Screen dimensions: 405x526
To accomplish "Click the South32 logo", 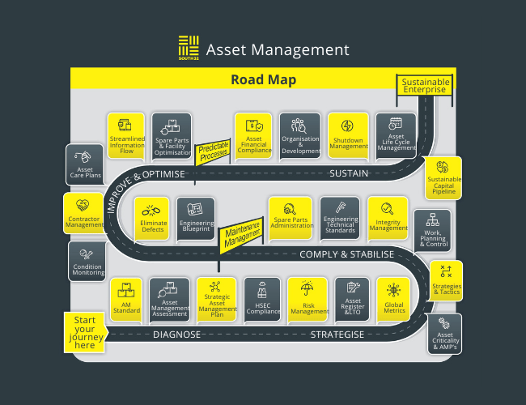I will (x=188, y=49).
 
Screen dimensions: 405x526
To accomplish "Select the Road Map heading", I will (x=263, y=79).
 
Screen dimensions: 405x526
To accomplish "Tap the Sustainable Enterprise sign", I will (x=424, y=86).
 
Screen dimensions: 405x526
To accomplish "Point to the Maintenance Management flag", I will (x=243, y=230).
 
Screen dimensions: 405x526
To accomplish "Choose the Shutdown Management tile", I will (x=348, y=134).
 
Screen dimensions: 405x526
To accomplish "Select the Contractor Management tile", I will (x=84, y=212).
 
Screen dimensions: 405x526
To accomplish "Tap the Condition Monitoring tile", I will (x=87, y=261).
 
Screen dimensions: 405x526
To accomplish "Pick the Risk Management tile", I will (x=308, y=298).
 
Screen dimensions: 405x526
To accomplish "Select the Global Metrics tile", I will (x=393, y=298).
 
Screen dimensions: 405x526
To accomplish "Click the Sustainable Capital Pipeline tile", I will (x=443, y=177).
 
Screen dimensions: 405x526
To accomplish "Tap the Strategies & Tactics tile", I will (x=444, y=280).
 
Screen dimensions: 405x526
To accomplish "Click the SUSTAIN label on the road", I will (x=349, y=173).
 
